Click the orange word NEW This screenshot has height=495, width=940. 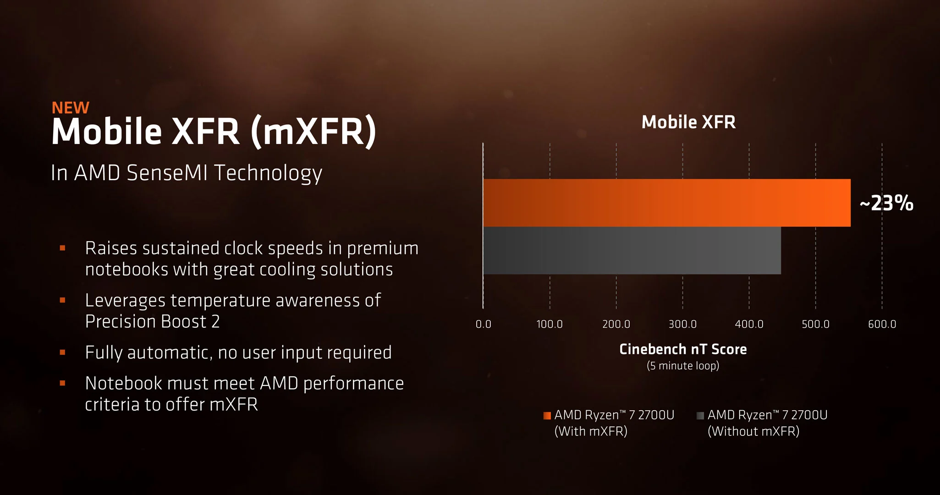tap(71, 108)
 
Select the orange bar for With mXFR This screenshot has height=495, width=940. tap(667, 203)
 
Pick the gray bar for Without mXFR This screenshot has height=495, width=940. tap(632, 250)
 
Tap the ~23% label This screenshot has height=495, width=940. tap(886, 203)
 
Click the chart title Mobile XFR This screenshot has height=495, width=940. tap(688, 122)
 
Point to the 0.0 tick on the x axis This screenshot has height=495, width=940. tap(483, 324)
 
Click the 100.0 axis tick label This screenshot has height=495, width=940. tap(550, 324)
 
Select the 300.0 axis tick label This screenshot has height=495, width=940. tap(682, 324)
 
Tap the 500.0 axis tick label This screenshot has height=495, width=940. tap(815, 324)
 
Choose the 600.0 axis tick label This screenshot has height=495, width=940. tap(882, 324)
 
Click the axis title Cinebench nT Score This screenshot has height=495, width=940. tap(683, 349)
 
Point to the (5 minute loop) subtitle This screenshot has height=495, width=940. tap(683, 366)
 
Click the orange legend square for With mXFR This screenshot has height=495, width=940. tap(547, 416)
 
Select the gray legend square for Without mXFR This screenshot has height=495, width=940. tap(700, 416)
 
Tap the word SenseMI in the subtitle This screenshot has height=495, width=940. tap(168, 173)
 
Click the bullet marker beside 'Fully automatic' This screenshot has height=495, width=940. tap(63, 352)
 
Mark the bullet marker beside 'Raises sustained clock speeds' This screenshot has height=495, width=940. tap(63, 248)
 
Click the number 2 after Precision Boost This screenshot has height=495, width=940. tap(215, 322)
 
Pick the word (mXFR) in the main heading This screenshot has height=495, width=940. tap(313, 132)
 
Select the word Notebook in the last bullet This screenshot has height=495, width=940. tap(124, 383)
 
